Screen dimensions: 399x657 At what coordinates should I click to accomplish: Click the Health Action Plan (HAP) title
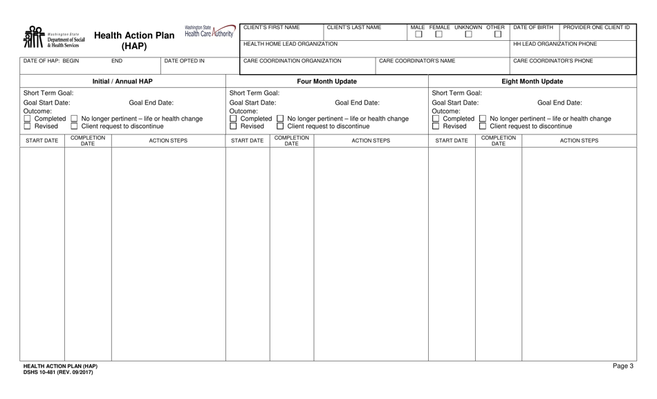(x=135, y=39)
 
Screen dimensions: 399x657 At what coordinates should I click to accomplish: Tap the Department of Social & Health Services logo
(x=55, y=37)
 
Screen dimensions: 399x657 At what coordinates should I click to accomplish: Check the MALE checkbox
(x=418, y=34)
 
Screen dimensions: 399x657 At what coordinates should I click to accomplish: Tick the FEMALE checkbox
(x=438, y=34)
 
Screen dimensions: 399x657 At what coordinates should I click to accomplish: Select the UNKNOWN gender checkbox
(x=468, y=34)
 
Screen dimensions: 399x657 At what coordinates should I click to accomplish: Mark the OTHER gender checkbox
(x=498, y=34)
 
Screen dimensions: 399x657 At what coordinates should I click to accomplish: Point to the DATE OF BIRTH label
(x=533, y=28)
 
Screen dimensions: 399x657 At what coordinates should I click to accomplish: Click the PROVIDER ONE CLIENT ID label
(x=597, y=28)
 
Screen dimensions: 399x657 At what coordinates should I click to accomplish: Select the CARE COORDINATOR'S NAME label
(x=417, y=61)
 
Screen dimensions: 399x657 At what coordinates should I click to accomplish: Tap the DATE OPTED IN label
(x=184, y=61)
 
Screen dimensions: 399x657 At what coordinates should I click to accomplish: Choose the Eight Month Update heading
(x=532, y=82)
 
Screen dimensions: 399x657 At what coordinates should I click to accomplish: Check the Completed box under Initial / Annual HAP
(x=27, y=118)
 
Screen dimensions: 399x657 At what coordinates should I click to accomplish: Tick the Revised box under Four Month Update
(x=233, y=126)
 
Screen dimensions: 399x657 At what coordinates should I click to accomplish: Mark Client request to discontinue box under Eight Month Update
(x=483, y=126)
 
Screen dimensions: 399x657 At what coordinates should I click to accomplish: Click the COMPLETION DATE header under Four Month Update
(x=292, y=141)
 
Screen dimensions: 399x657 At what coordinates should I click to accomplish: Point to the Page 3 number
(x=622, y=366)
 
